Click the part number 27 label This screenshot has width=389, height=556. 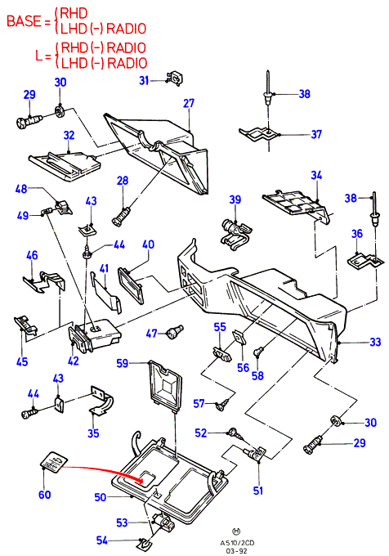189,103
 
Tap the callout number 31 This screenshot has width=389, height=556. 144,80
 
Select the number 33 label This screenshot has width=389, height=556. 375,342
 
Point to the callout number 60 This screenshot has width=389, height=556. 45,495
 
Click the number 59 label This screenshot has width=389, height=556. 123,364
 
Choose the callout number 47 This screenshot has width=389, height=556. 152,334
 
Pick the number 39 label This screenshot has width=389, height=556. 235,200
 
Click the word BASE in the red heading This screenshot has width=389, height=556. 24,21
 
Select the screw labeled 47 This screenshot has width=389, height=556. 174,331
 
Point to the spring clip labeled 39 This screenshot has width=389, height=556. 235,232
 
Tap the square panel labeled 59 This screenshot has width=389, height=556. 165,385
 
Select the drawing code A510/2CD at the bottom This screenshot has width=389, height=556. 237,543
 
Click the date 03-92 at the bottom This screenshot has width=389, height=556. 237,550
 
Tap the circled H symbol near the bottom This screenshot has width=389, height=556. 236,531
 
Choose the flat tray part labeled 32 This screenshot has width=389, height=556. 64,166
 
